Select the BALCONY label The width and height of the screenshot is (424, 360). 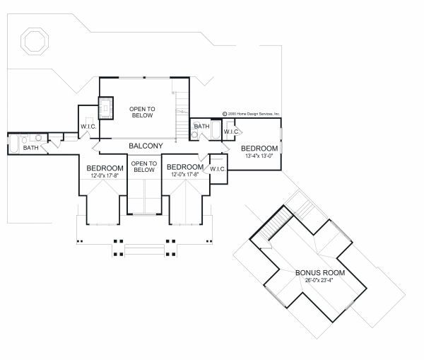coord(146,146)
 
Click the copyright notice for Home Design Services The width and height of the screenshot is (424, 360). coord(252,113)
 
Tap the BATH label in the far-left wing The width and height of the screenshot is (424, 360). coord(30,148)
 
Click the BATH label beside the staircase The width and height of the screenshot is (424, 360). coord(201,127)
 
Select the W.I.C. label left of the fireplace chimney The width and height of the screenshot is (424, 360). coord(88,127)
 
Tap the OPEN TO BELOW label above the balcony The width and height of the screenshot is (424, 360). coord(142,112)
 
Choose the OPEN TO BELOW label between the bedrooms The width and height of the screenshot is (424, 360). coord(143,167)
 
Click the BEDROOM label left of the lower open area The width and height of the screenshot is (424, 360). coord(105,168)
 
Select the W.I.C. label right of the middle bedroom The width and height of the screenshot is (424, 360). coord(217,169)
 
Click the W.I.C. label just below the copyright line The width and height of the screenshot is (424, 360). coord(232,132)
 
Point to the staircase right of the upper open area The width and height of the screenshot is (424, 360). coord(182,103)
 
